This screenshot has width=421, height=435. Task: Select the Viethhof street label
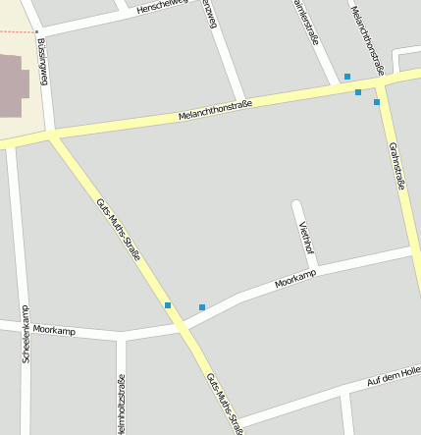[x=307, y=237]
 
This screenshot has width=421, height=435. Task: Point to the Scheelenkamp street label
[x=26, y=335]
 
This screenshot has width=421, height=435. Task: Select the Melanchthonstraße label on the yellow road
[x=215, y=110]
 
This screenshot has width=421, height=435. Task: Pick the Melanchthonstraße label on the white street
[x=365, y=37]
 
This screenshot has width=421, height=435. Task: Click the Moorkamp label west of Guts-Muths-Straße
[x=54, y=331]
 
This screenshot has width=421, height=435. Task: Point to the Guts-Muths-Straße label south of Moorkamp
[x=225, y=404]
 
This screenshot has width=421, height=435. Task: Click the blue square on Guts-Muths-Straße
[x=168, y=305]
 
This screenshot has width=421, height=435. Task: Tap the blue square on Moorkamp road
[x=202, y=307]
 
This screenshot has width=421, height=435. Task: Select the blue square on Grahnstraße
[x=376, y=101]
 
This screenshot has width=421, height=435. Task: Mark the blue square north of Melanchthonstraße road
[x=346, y=77]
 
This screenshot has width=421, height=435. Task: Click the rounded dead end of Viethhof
[x=297, y=204]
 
